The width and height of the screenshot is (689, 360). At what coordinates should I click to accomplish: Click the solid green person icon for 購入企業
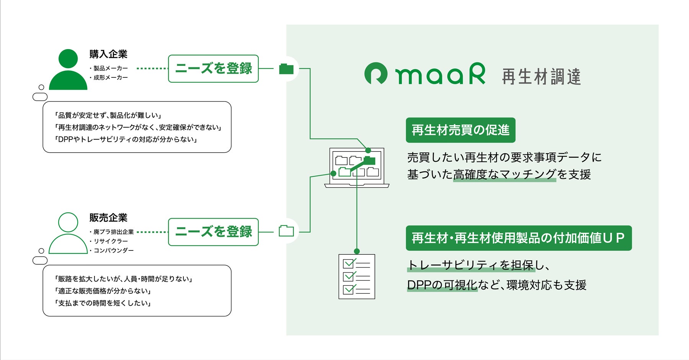pyautogui.click(x=68, y=69)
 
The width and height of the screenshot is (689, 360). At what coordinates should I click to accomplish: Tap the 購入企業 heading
pyautogui.click(x=108, y=54)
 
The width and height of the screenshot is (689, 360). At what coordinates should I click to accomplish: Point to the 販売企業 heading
pyautogui.click(x=108, y=218)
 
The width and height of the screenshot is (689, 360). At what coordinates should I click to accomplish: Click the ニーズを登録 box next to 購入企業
pyautogui.click(x=213, y=69)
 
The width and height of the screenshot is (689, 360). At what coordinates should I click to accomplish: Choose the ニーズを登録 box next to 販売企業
pyautogui.click(x=213, y=232)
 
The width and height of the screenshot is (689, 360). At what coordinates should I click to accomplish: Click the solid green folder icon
pyautogui.click(x=286, y=69)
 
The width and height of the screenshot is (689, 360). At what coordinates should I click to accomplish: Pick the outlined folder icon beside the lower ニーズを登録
pyautogui.click(x=286, y=231)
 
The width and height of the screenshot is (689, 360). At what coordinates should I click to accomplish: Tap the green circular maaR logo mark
pyautogui.click(x=376, y=74)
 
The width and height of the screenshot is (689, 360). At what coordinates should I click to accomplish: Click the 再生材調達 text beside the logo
pyautogui.click(x=541, y=77)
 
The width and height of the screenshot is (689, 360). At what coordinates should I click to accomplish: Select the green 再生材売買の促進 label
pyautogui.click(x=460, y=130)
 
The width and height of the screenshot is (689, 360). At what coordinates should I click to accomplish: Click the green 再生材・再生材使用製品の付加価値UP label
pyautogui.click(x=518, y=238)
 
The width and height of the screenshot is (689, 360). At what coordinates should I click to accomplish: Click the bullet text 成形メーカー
pyautogui.click(x=111, y=78)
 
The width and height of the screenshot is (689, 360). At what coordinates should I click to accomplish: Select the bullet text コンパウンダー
pyautogui.click(x=114, y=250)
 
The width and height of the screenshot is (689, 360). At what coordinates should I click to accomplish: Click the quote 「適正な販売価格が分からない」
pyautogui.click(x=103, y=291)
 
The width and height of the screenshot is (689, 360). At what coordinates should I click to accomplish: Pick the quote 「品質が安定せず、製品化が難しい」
pyautogui.click(x=108, y=115)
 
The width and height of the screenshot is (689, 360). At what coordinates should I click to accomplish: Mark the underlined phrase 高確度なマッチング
pyautogui.click(x=505, y=175)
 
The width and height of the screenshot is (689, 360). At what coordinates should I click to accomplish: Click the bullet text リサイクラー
pyautogui.click(x=111, y=241)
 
